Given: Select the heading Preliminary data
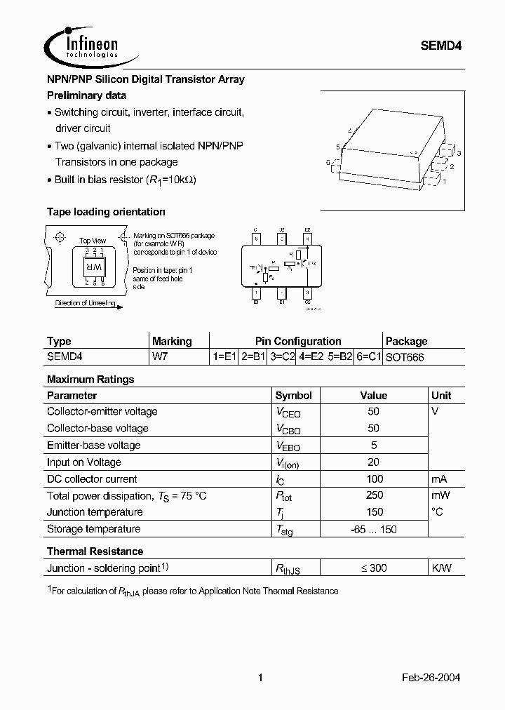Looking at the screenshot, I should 86,95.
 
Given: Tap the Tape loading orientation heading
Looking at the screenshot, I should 106,212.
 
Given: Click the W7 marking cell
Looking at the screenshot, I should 160,357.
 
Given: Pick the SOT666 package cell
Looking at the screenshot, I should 405,357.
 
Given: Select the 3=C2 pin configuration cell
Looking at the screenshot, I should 283,357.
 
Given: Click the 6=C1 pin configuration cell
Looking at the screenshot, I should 368,357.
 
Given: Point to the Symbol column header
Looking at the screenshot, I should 293,396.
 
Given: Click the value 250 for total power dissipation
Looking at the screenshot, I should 374,495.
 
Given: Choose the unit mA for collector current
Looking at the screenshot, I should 439,479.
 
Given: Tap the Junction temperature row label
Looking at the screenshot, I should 95,512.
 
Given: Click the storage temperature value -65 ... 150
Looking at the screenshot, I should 373,529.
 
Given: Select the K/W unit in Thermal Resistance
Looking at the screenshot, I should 441,568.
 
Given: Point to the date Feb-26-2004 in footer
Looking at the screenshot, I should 431,678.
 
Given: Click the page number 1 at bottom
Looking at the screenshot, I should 260,678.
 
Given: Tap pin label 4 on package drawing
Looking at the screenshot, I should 349,131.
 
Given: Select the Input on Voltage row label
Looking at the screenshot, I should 84,462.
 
